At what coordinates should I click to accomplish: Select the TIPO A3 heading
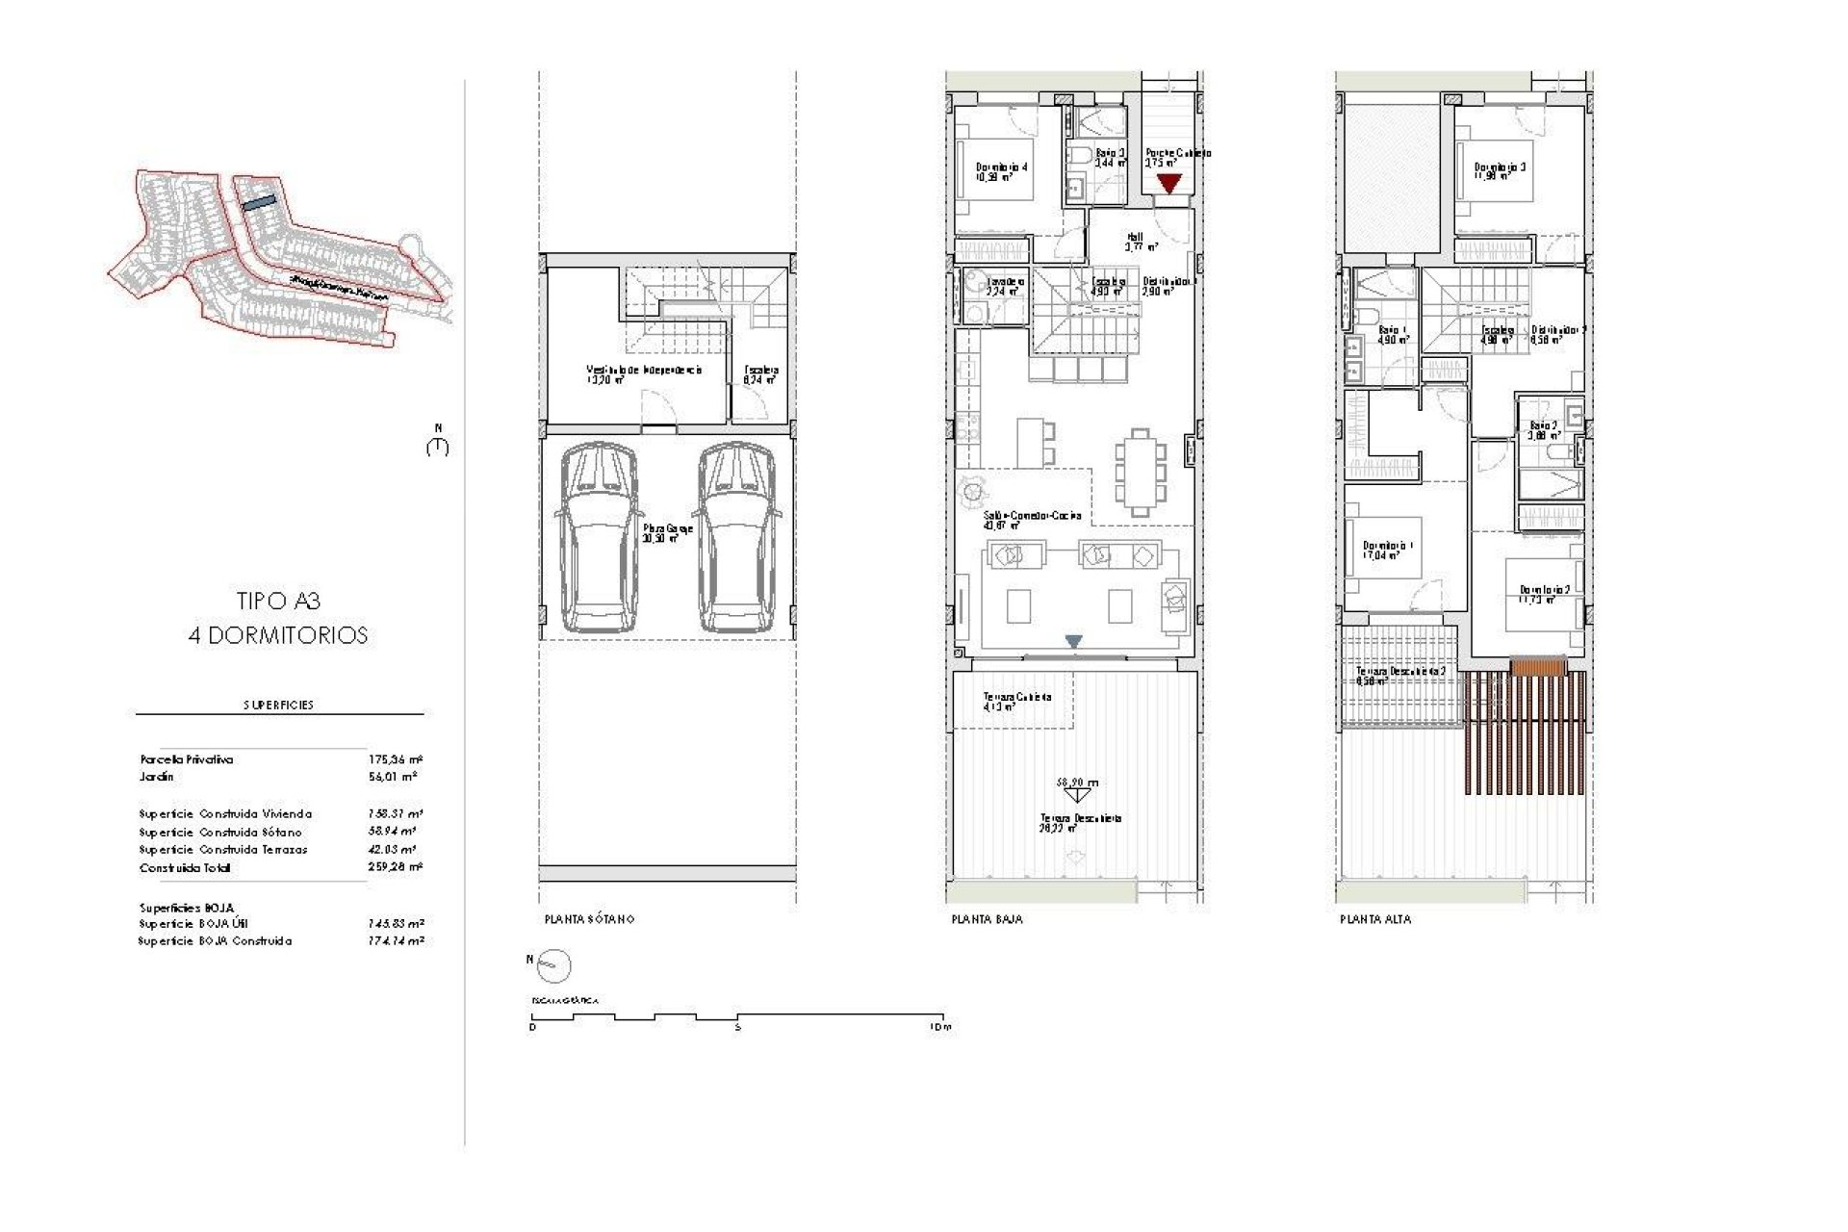tap(278, 602)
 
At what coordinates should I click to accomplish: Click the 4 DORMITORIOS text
tap(278, 635)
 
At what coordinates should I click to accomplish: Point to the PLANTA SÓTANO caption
tap(589, 919)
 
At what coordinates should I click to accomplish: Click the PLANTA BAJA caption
tap(987, 919)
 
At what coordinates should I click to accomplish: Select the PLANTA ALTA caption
tap(1375, 919)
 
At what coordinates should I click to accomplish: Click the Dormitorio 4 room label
tap(1001, 167)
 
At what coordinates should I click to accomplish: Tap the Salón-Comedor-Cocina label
tap(1032, 516)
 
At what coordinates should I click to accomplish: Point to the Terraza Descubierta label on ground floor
tap(1080, 819)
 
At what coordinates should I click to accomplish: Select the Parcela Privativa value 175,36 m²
tap(395, 759)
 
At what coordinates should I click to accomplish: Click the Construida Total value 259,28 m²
tap(395, 867)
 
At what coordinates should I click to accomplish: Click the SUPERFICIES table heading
tap(278, 705)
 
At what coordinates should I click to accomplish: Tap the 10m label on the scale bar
tap(940, 1027)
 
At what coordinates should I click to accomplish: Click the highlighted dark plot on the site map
tap(258, 203)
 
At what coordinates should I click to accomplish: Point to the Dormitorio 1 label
tap(1387, 547)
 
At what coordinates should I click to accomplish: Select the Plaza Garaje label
tap(667, 529)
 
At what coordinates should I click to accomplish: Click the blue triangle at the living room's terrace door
tap(1074, 641)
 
